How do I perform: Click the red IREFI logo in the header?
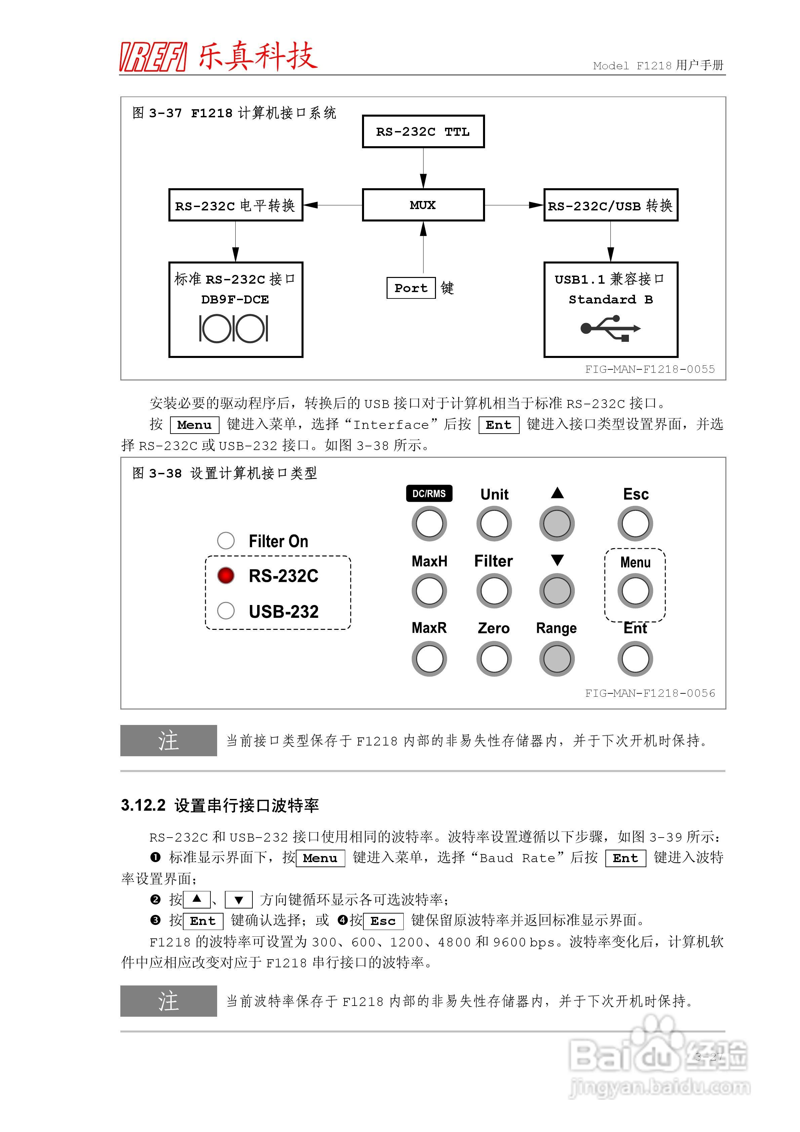[x=153, y=57]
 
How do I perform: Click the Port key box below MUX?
[x=411, y=288]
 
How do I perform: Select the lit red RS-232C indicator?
[x=226, y=575]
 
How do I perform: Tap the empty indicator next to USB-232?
[x=226, y=611]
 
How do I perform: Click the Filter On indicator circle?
[x=226, y=540]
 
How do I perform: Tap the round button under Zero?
[x=494, y=659]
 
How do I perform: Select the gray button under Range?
[x=557, y=659]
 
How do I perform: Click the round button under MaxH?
[x=429, y=591]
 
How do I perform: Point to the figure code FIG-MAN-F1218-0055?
[x=649, y=369]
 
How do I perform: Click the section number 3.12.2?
[x=143, y=806]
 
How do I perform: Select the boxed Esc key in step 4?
[x=383, y=921]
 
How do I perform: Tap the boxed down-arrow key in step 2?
[x=239, y=900]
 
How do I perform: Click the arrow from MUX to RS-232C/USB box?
[x=514, y=205]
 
